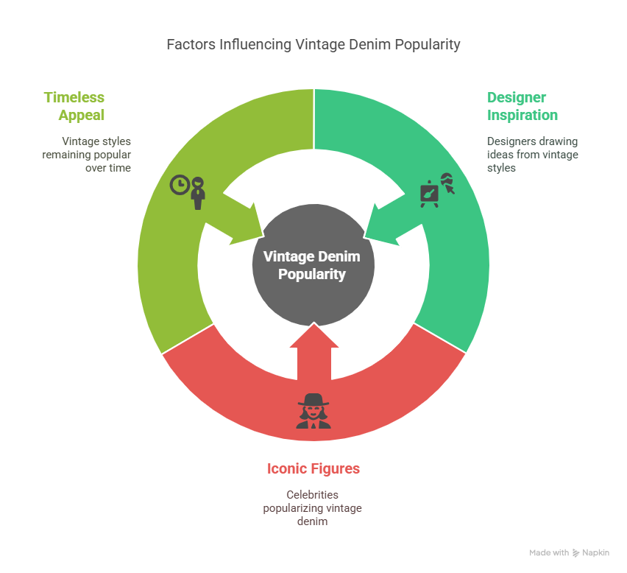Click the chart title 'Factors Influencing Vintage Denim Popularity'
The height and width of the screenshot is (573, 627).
pyautogui.click(x=313, y=44)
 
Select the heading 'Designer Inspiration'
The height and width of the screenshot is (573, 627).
pyautogui.click(x=522, y=106)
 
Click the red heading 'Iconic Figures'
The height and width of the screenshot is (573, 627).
pyautogui.click(x=313, y=468)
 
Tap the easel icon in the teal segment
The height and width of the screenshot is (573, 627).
pyautogui.click(x=429, y=193)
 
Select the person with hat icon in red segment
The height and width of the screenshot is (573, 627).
pyautogui.click(x=313, y=411)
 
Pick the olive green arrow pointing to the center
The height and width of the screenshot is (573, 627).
pyautogui.click(x=243, y=221)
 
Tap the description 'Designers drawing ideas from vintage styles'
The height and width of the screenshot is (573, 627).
pyautogui.click(x=532, y=154)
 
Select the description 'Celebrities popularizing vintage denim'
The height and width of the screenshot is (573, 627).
pyautogui.click(x=313, y=507)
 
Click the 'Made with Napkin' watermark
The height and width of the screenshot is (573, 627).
pyautogui.click(x=569, y=552)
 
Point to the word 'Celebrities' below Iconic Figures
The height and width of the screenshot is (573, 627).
pyautogui.click(x=313, y=494)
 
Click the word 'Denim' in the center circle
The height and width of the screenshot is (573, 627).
pyautogui.click(x=339, y=256)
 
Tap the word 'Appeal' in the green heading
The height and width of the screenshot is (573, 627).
pyautogui.click(x=82, y=115)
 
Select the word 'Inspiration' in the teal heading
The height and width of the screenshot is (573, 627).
pyautogui.click(x=522, y=115)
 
